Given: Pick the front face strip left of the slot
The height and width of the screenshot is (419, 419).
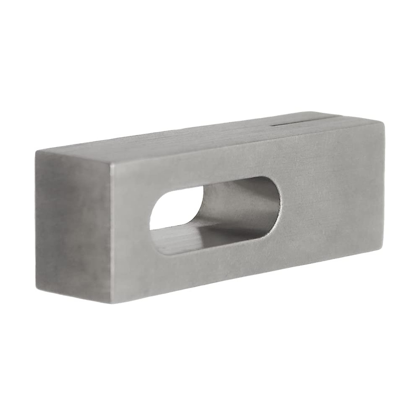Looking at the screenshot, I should (x=133, y=227).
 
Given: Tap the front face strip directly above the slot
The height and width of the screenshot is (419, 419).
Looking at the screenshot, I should (x=209, y=164).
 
